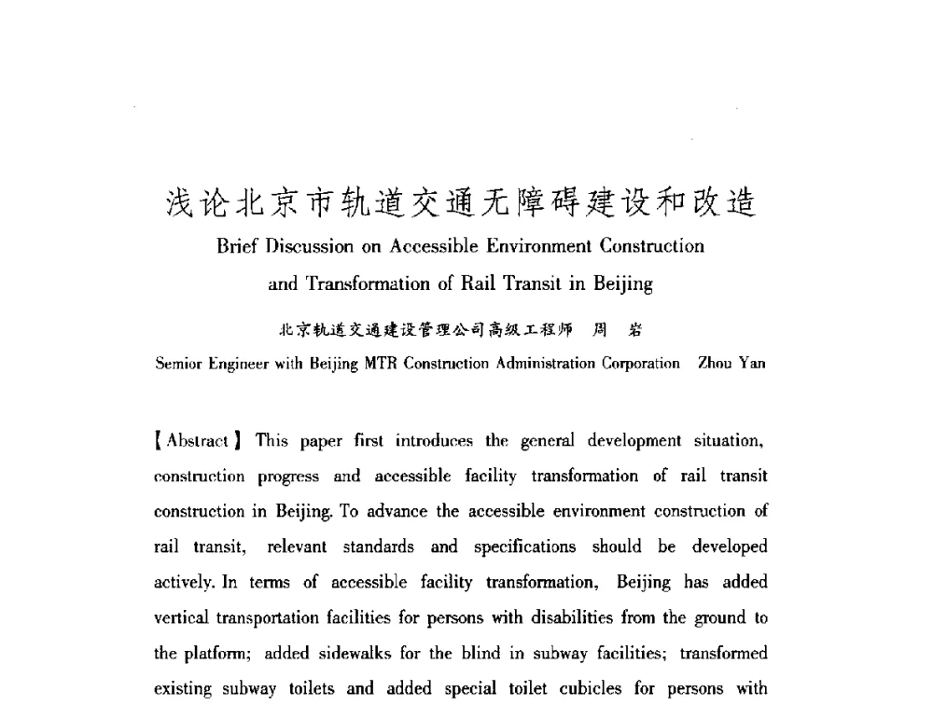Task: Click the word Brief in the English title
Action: click(237, 247)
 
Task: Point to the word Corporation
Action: click(636, 364)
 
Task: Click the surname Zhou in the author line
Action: click(715, 364)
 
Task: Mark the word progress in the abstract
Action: click(289, 476)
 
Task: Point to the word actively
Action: click(183, 582)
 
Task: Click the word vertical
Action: click(181, 617)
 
